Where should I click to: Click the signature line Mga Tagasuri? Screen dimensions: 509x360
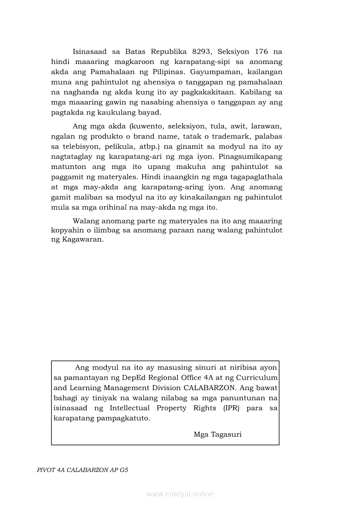pos(217,434)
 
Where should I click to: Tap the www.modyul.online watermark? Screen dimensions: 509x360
pos(180,494)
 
